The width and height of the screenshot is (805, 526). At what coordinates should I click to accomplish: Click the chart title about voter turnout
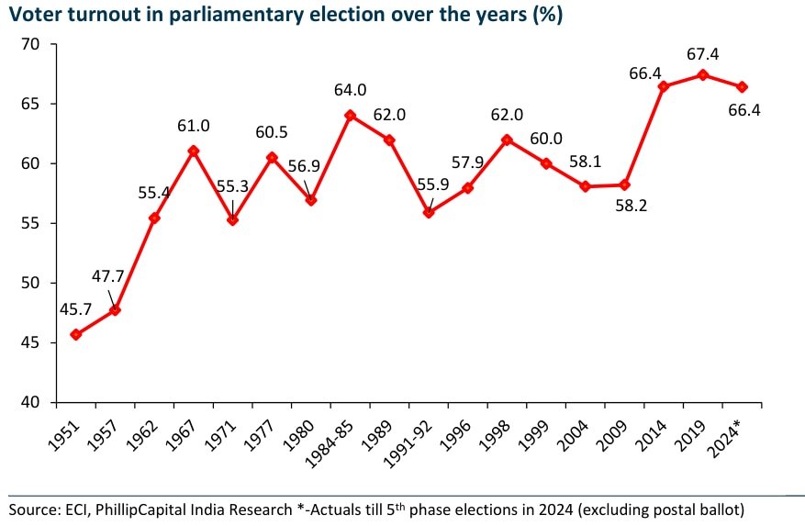(x=285, y=15)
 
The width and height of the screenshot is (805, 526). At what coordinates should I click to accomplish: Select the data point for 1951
(x=76, y=334)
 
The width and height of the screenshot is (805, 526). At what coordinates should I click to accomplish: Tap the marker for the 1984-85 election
(x=350, y=116)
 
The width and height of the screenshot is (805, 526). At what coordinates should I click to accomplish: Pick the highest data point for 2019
(x=703, y=74)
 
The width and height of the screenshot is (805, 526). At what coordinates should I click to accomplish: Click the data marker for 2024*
(x=742, y=86)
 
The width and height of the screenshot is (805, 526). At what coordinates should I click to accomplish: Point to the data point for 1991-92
(x=429, y=212)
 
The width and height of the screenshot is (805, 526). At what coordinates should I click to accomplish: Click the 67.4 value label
(x=703, y=55)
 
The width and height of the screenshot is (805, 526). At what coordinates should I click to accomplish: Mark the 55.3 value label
(x=233, y=185)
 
